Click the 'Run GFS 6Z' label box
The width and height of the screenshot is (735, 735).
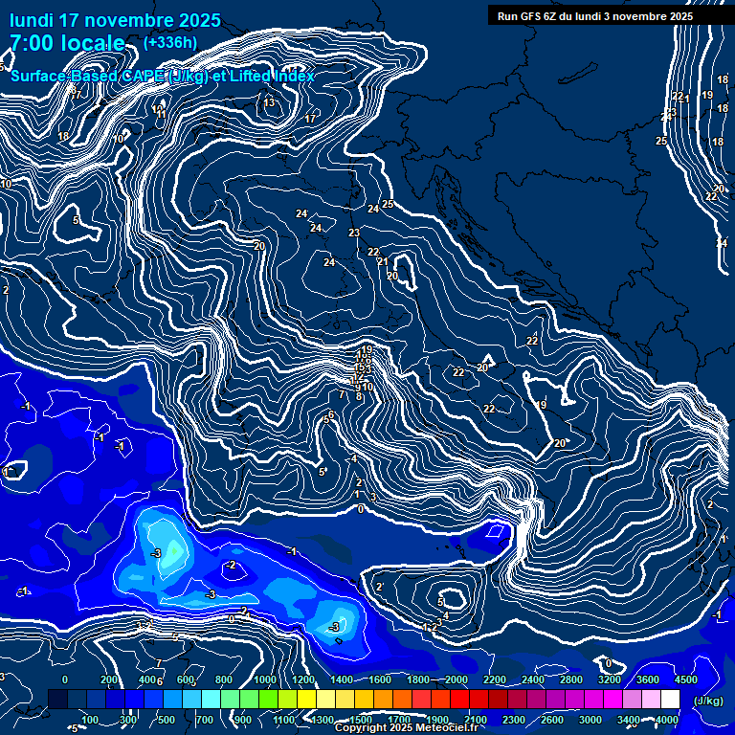(x=591, y=15)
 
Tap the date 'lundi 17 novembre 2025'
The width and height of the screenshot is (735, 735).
(x=114, y=20)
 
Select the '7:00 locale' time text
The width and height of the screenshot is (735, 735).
(x=67, y=43)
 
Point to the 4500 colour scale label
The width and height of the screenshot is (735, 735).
(x=685, y=679)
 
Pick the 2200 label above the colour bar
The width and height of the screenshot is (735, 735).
(x=494, y=679)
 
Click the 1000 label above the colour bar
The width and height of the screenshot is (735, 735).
(x=264, y=679)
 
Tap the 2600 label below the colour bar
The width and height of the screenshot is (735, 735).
(x=551, y=720)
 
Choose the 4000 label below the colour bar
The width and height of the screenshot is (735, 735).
(x=667, y=720)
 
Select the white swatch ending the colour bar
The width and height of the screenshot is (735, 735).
(x=670, y=700)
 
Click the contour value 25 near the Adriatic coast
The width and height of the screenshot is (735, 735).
(x=388, y=204)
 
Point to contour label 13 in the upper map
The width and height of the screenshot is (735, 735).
(x=269, y=102)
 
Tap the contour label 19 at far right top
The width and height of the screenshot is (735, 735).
(x=707, y=95)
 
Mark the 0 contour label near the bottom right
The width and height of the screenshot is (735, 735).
(x=608, y=663)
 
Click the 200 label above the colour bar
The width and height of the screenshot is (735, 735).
(x=109, y=679)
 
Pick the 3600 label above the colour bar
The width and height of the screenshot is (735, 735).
(x=647, y=679)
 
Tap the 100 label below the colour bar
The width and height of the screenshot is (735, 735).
(x=91, y=720)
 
